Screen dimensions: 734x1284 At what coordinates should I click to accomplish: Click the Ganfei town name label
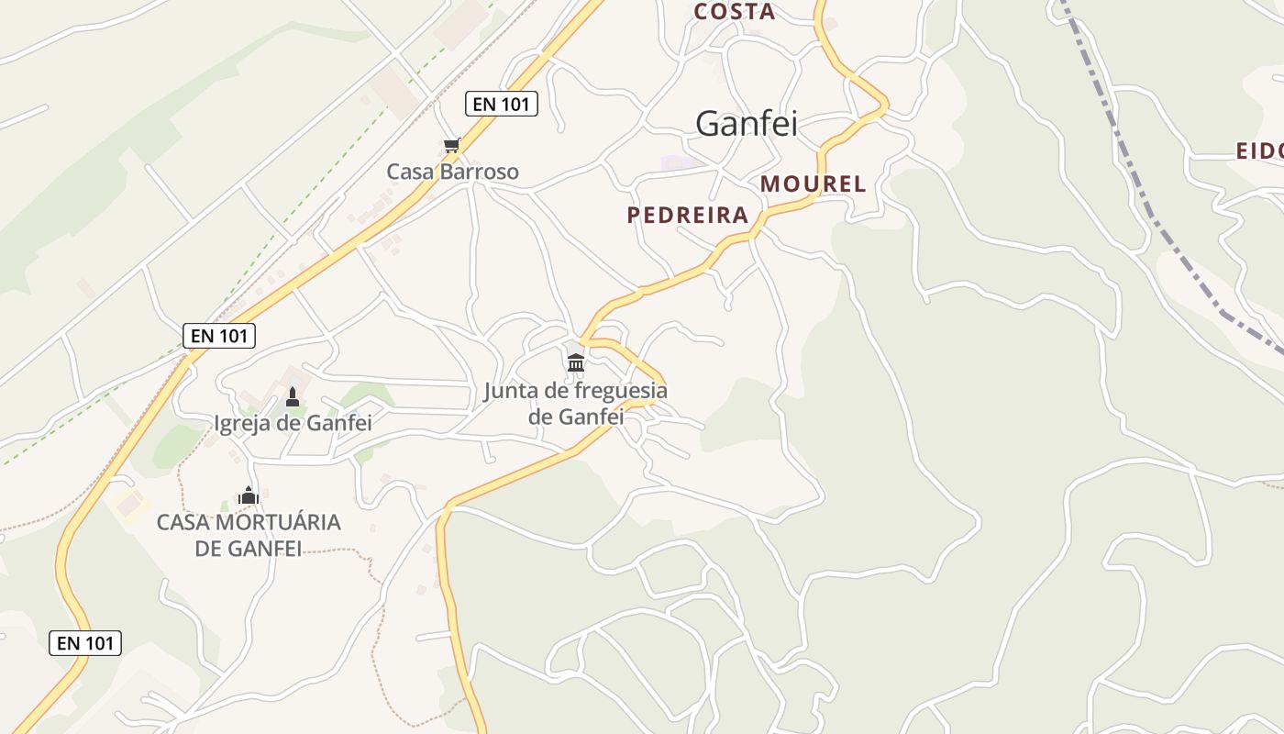click(746, 123)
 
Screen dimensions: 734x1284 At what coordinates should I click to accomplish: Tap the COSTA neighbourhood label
click(735, 12)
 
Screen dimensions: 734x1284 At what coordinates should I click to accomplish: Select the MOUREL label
click(813, 183)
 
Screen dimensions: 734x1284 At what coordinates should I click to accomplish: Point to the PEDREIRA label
click(688, 215)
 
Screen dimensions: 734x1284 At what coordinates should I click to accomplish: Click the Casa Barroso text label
click(452, 172)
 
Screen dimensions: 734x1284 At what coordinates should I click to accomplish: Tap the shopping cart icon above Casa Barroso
click(451, 145)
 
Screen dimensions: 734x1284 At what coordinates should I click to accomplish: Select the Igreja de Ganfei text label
click(293, 423)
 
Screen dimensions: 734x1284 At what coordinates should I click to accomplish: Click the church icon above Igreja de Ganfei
click(293, 396)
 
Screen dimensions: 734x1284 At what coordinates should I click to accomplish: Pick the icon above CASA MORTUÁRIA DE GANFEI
click(249, 495)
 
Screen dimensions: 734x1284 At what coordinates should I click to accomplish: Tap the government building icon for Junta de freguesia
click(576, 362)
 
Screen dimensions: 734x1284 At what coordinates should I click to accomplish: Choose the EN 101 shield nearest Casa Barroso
click(501, 104)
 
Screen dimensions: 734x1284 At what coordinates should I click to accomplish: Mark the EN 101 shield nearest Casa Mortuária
click(85, 643)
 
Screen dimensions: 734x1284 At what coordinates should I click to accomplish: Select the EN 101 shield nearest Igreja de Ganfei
click(219, 336)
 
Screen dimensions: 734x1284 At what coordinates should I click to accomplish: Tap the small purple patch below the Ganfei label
click(678, 162)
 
